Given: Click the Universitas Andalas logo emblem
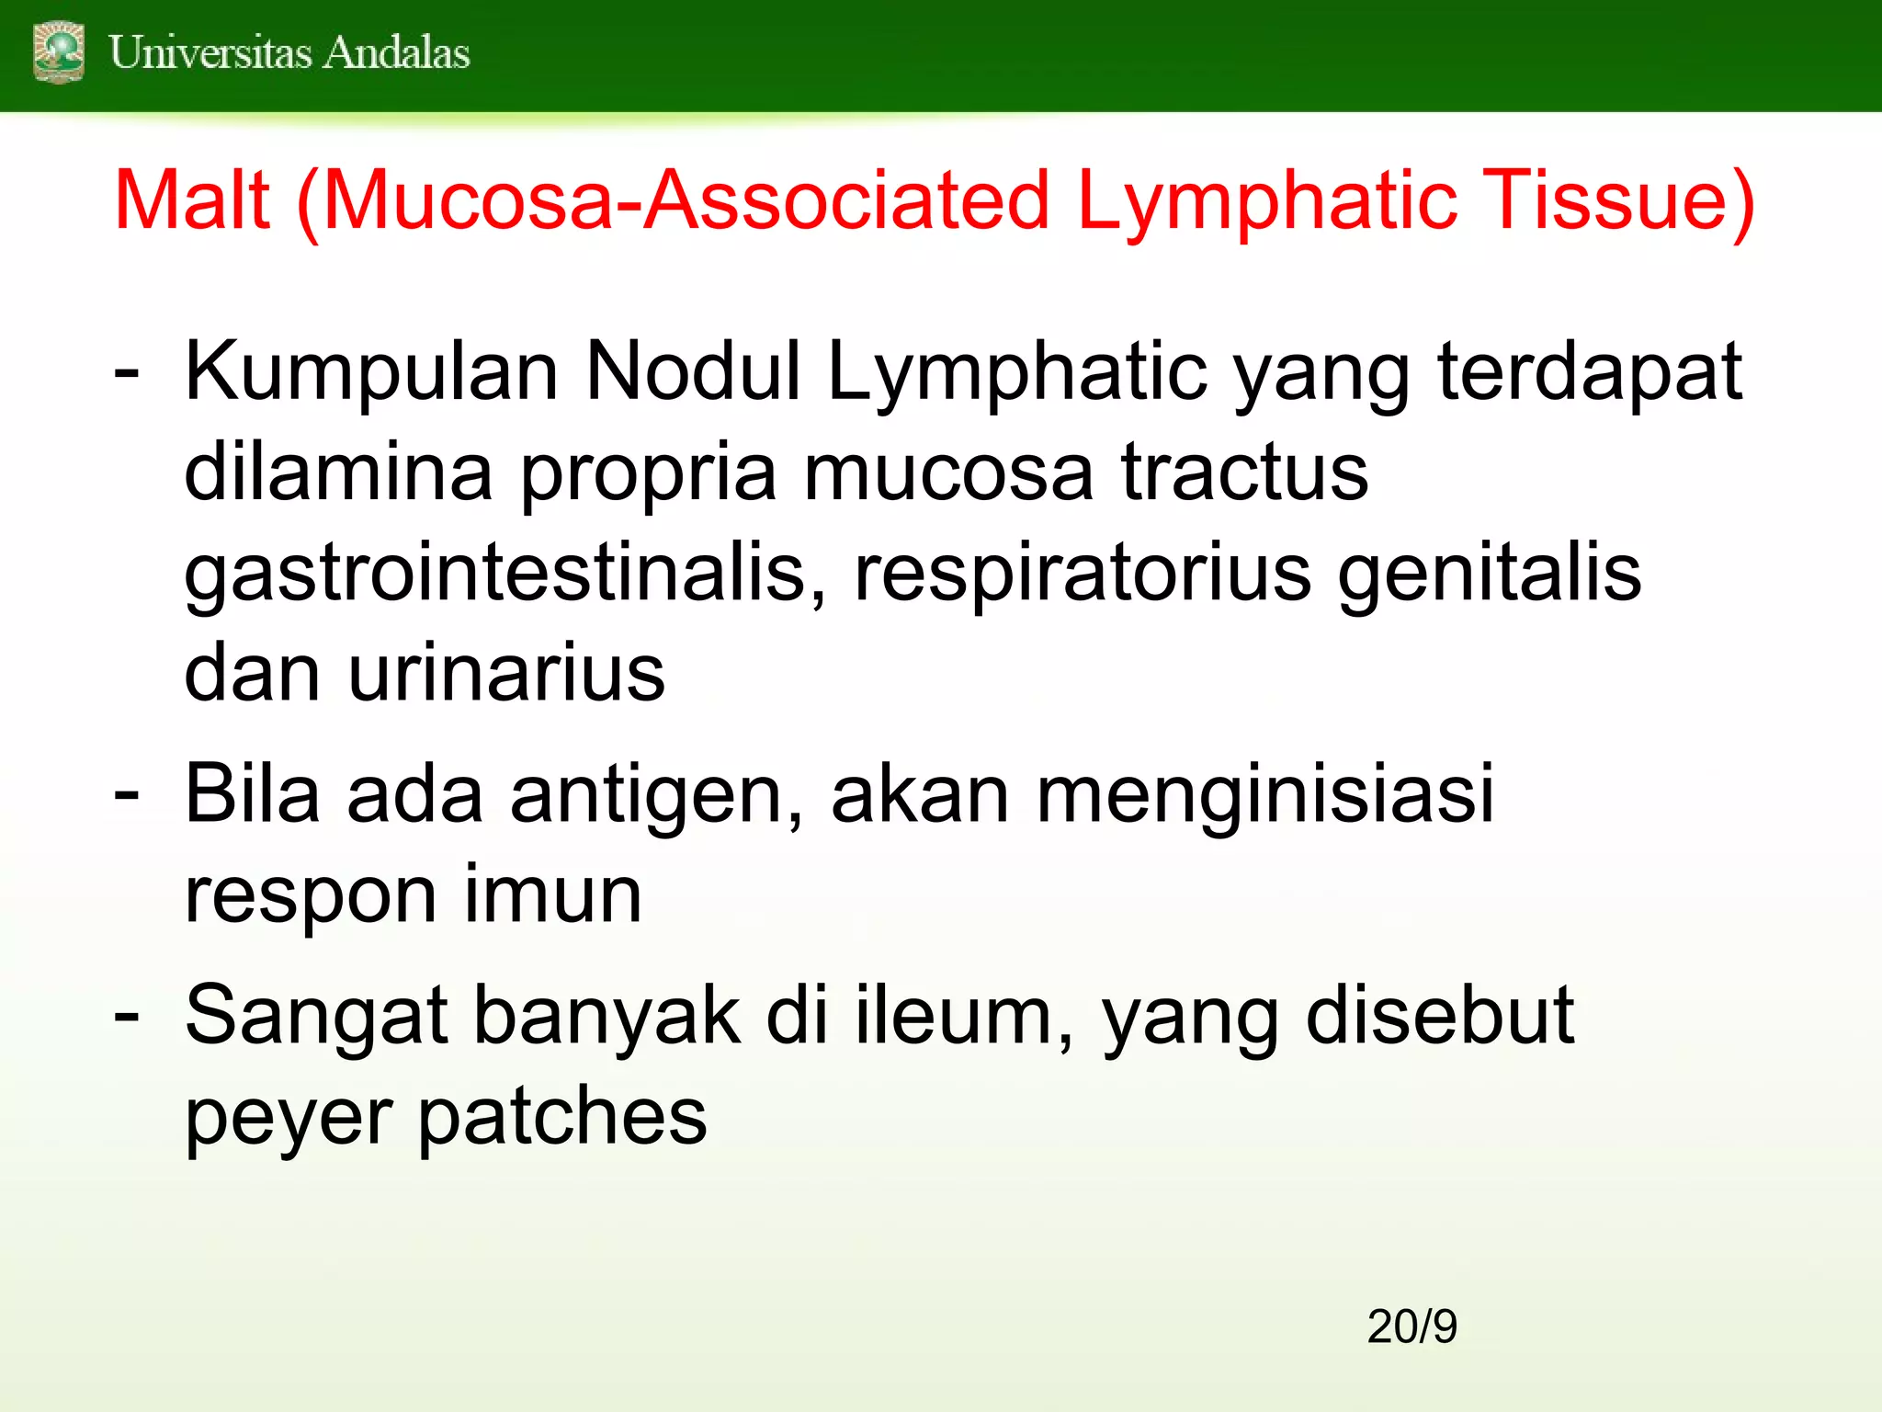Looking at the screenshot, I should click(59, 52).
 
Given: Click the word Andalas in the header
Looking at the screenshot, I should click(397, 52).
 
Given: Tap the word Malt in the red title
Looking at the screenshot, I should click(192, 200).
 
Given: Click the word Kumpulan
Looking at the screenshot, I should click(372, 372).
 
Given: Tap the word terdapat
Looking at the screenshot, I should click(1590, 372).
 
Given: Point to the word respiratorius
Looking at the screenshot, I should click(1083, 575).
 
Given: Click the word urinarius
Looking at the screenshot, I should click(506, 673).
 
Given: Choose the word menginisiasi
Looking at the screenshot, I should click(1265, 795).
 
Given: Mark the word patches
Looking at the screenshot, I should click(562, 1117).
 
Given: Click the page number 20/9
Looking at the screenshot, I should click(1411, 1327).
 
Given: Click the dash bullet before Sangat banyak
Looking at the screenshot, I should click(127, 1016).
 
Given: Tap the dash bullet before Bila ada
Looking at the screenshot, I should click(127, 795).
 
